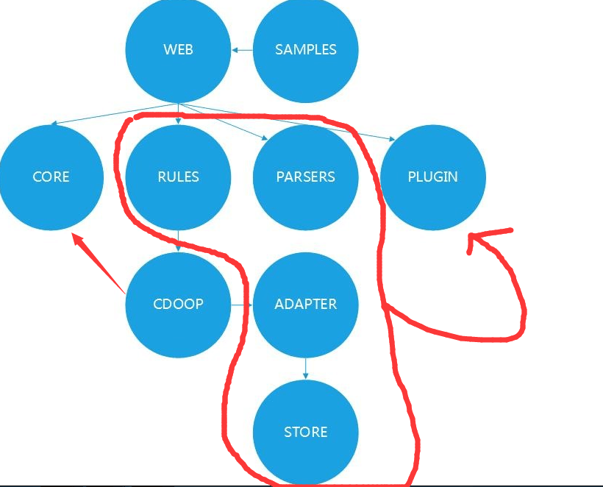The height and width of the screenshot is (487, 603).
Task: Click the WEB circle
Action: pos(178,50)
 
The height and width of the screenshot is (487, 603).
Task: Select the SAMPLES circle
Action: pos(305,50)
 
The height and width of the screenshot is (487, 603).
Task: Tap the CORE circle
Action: pos(51,177)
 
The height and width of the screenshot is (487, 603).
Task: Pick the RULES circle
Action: pos(178,177)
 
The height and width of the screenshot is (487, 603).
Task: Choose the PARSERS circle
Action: pos(305,177)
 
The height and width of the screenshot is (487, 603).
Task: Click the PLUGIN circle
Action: pos(432,177)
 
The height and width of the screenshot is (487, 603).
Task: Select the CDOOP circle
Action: pos(178,304)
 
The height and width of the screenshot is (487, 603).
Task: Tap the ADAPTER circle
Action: pos(305,304)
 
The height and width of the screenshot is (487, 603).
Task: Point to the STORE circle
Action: pos(305,432)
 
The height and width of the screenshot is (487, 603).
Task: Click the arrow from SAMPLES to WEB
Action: pos(242,50)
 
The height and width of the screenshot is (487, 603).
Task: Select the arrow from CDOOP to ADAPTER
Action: pos(242,304)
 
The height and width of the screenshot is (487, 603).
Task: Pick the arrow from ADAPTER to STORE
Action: pos(305,368)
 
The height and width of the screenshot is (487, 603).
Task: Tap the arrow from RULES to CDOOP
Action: pos(178,241)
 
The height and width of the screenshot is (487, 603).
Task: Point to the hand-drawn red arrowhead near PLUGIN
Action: pos(474,239)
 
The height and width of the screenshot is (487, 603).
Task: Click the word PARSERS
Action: pos(305,177)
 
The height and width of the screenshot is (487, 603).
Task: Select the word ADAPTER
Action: pos(305,304)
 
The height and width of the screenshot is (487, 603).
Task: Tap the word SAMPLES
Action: pos(305,50)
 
